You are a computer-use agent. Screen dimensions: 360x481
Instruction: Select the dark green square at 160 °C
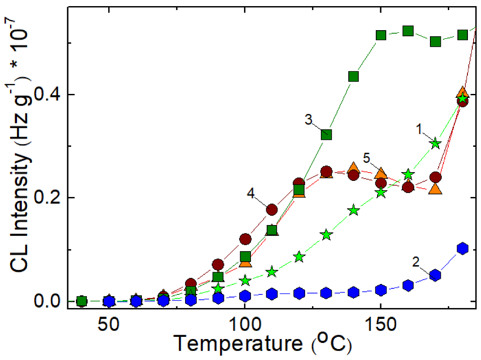pyautogui.click(x=408, y=31)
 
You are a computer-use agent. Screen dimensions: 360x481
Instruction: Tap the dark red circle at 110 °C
pyautogui.click(x=271, y=210)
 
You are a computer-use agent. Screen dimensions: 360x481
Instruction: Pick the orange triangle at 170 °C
pyautogui.click(x=435, y=189)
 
